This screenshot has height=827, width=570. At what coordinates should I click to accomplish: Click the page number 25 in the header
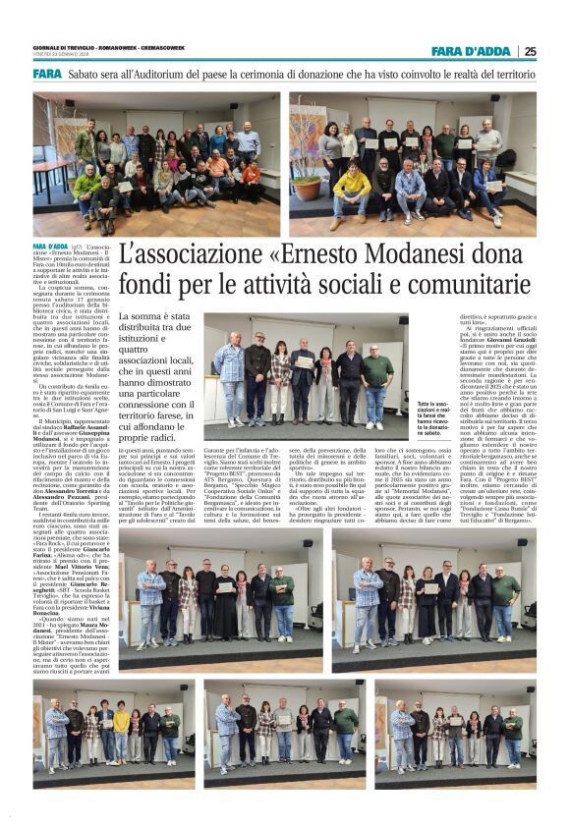coord(530,51)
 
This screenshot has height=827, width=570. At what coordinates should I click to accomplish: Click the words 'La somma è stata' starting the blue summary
coord(147,317)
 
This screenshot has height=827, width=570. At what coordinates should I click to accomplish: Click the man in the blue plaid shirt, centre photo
coord(228,378)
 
